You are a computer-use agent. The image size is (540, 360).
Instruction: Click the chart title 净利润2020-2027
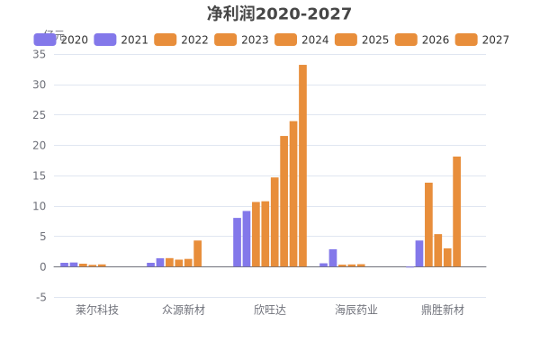(279, 13)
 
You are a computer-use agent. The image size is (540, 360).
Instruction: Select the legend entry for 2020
(61, 40)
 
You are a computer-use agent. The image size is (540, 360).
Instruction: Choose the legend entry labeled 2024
(301, 40)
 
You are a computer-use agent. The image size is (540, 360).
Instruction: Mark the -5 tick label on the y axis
(40, 297)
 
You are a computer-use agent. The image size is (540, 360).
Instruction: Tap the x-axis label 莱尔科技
(97, 310)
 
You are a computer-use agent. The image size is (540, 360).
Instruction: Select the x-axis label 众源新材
(184, 310)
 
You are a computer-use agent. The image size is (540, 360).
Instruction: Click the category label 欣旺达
(270, 310)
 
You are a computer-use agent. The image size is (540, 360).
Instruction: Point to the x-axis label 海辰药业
(356, 310)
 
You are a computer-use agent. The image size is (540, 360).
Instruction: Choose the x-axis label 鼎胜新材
(443, 310)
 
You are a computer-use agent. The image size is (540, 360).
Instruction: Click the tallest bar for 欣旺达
(303, 166)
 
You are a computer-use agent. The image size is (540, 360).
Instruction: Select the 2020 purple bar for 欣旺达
(237, 242)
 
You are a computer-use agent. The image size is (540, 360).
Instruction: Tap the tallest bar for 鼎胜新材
(457, 211)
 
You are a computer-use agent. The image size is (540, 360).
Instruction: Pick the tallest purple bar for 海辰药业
(333, 257)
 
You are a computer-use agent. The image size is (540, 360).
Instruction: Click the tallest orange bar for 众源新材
(198, 254)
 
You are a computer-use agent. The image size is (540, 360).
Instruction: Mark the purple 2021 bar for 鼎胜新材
(419, 254)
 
